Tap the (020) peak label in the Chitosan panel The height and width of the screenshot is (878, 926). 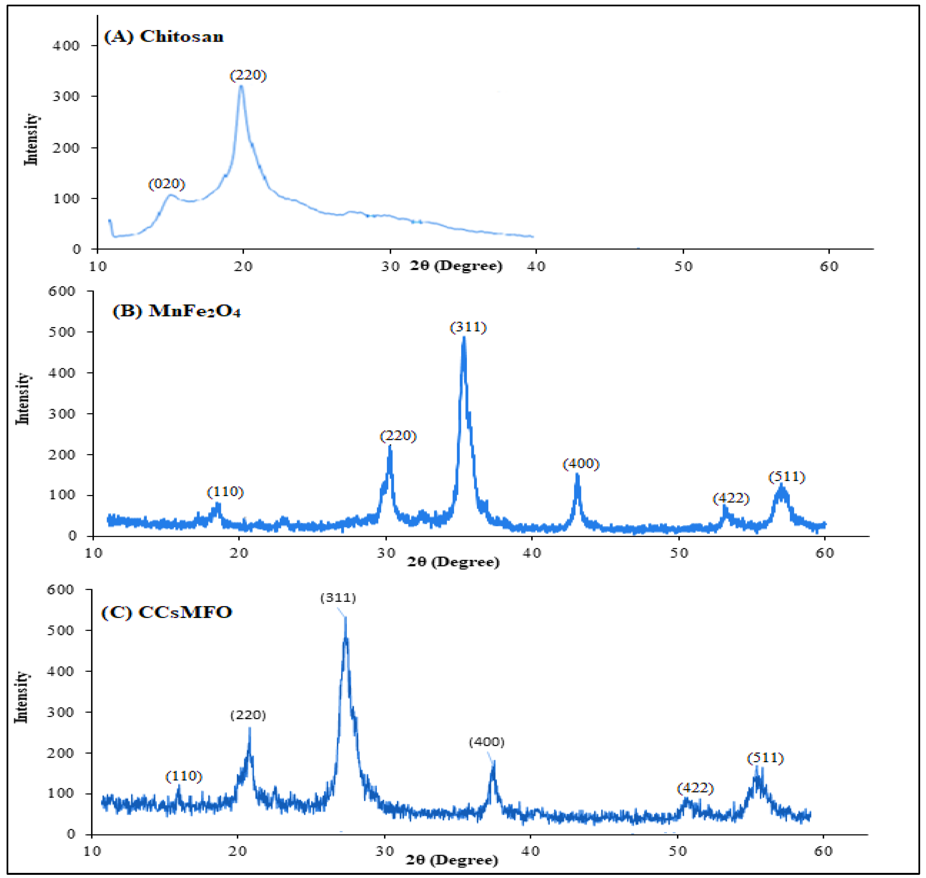[x=167, y=184]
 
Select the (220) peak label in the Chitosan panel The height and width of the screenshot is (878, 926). [x=248, y=75]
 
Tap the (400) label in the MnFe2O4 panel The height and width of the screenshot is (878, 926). [x=581, y=464]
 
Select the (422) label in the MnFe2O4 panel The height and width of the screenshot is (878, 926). [x=731, y=499]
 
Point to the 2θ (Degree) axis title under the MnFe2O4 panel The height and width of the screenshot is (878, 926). [x=453, y=562]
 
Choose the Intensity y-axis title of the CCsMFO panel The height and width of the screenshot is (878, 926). [x=21, y=697]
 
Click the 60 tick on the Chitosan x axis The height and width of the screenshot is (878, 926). [x=829, y=266]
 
